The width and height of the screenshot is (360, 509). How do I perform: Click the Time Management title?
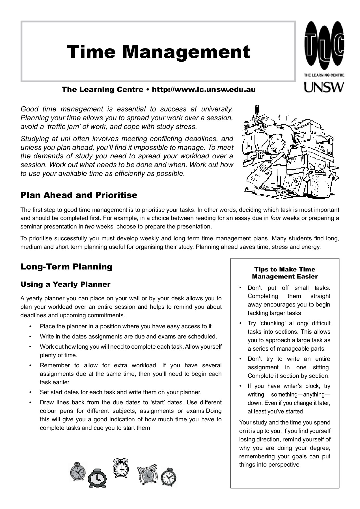[x=158, y=52]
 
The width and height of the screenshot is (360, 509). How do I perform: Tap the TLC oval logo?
[x=324, y=46]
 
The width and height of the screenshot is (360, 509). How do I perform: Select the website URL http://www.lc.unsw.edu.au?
[x=204, y=90]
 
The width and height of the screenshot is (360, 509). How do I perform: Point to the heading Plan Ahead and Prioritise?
[x=79, y=195]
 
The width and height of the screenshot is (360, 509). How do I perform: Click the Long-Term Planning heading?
[x=66, y=267]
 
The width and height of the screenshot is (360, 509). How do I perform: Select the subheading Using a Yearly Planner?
[x=65, y=284]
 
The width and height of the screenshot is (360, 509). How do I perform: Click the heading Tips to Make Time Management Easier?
[x=285, y=273]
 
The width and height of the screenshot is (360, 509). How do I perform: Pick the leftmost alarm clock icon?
[x=77, y=471]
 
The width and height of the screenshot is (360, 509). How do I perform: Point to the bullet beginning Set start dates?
[x=120, y=392]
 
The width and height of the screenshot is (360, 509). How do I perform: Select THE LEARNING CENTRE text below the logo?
[x=324, y=75]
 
